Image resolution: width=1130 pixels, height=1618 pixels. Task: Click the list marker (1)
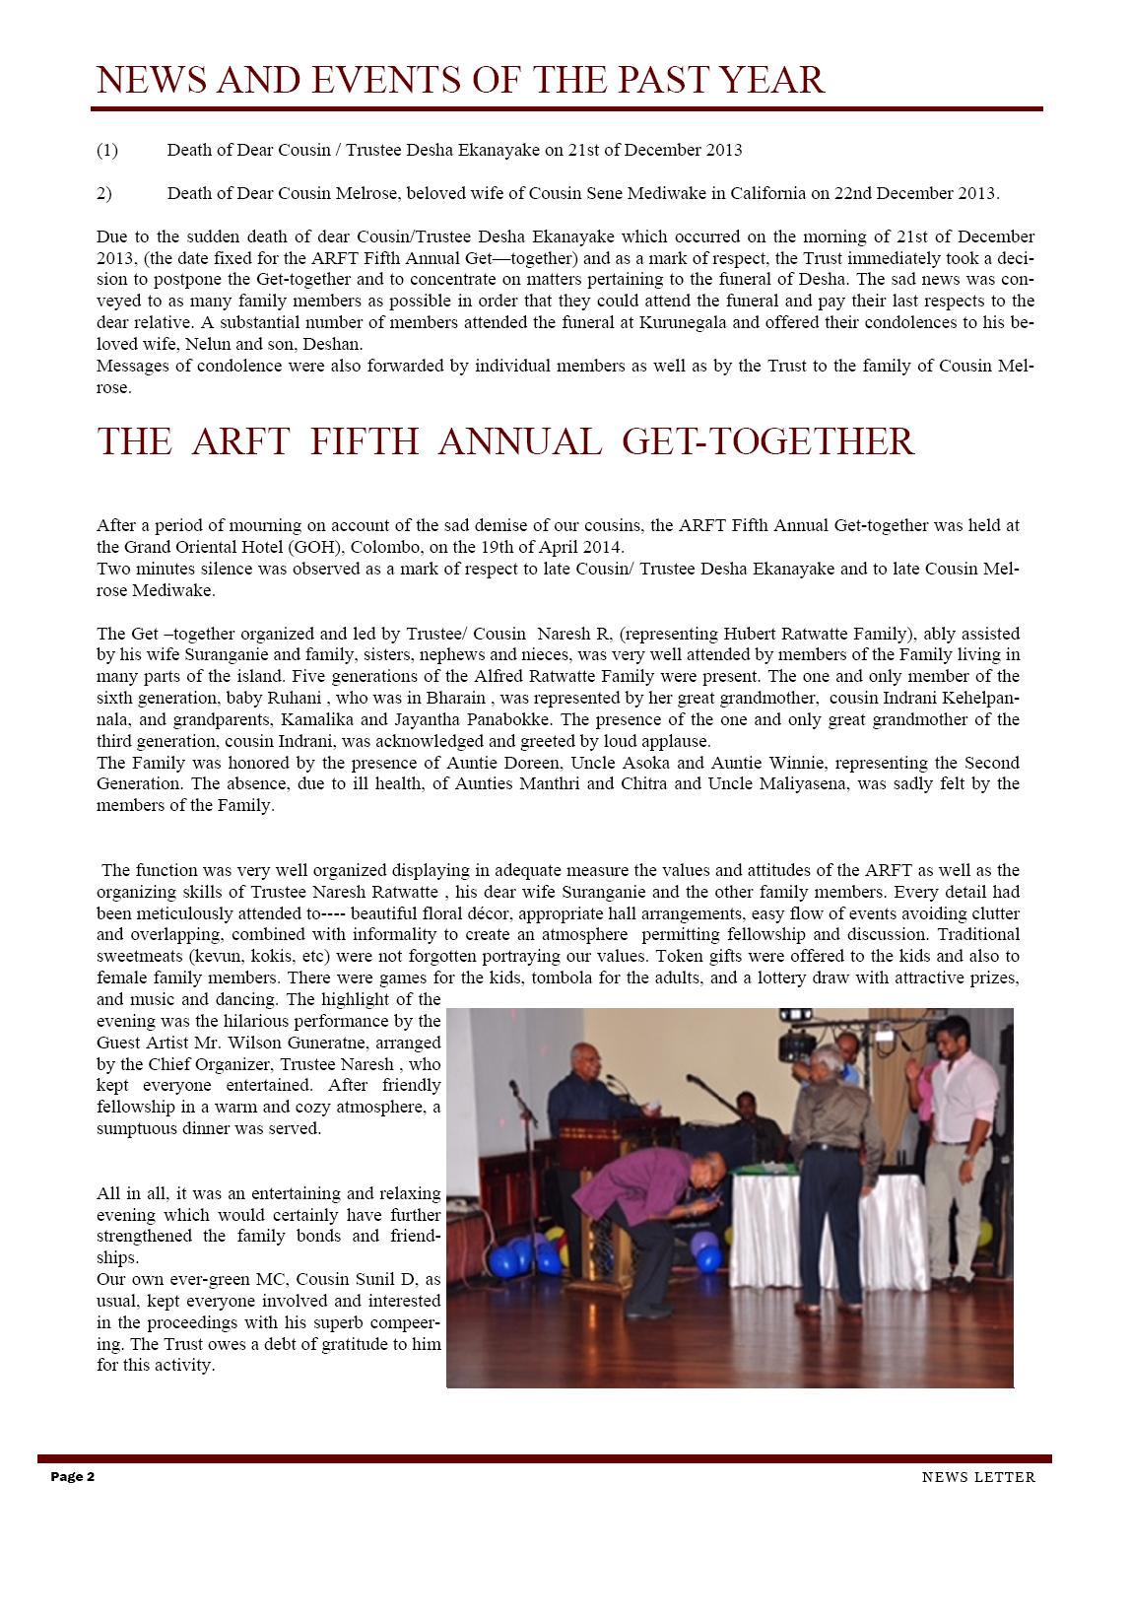tap(107, 151)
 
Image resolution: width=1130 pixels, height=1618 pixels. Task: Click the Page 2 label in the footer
tap(73, 1477)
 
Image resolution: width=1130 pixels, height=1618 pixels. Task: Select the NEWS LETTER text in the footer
tap(978, 1477)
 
